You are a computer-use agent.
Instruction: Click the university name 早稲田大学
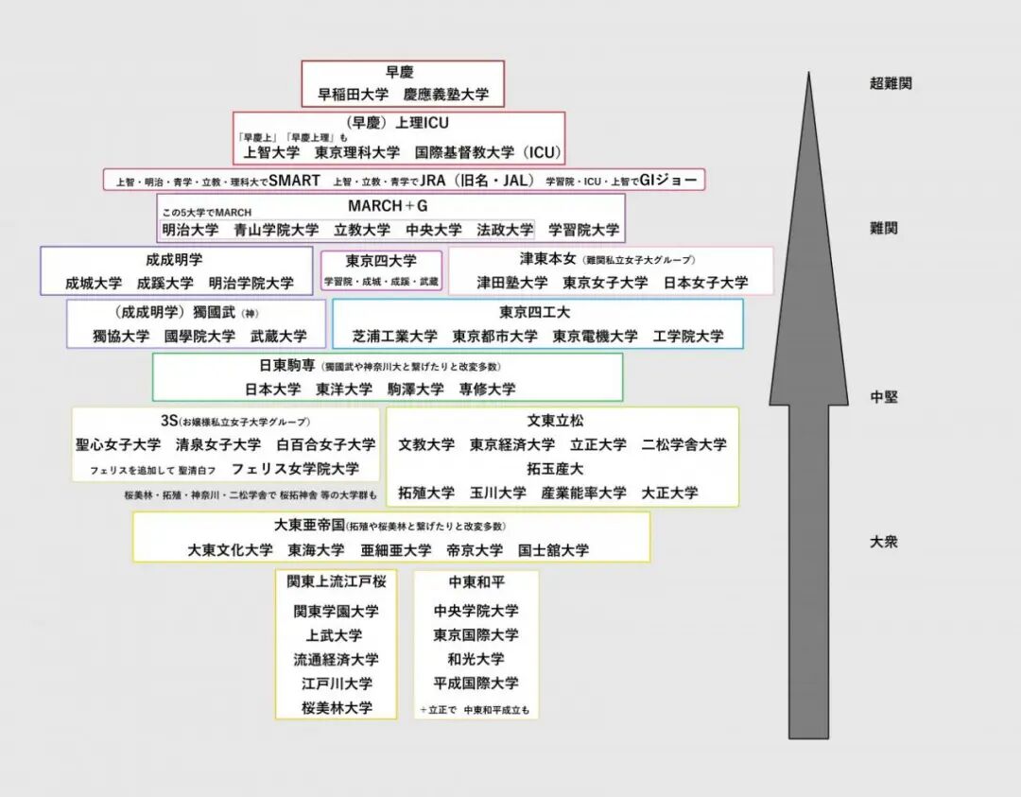click(353, 95)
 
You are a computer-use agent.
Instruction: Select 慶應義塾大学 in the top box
click(446, 95)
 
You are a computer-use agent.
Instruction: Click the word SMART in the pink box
click(294, 180)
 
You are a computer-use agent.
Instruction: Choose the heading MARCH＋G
click(389, 206)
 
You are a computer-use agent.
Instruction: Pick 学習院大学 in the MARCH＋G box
click(584, 230)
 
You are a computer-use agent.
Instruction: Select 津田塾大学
click(511, 283)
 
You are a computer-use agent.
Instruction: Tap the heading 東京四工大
click(535, 312)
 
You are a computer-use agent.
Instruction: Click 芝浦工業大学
click(395, 336)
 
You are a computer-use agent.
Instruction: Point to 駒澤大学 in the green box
click(416, 389)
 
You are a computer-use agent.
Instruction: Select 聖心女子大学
click(118, 443)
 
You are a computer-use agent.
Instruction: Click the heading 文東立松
click(556, 421)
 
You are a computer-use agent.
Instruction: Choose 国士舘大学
click(553, 550)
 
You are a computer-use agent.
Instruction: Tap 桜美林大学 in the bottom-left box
click(337, 707)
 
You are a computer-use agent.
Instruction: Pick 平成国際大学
click(476, 683)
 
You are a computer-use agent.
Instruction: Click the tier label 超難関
click(891, 83)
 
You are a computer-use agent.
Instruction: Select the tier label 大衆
click(884, 542)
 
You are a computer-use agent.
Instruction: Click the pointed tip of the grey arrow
click(808, 74)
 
